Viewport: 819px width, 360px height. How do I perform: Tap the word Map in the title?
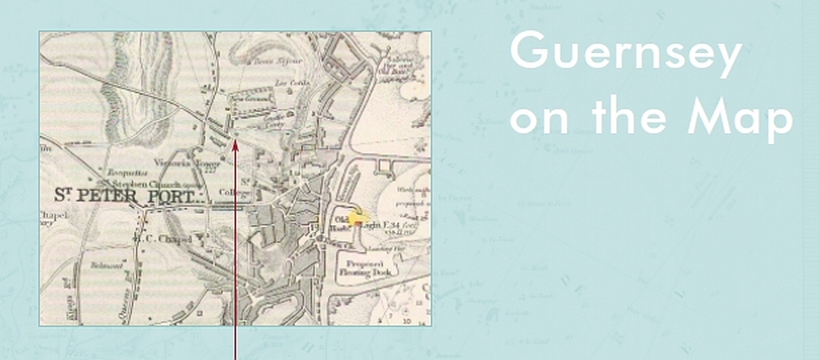(x=740, y=119)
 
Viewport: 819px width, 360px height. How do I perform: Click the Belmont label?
(x=106, y=266)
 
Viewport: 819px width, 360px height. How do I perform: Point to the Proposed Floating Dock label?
(x=370, y=271)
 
